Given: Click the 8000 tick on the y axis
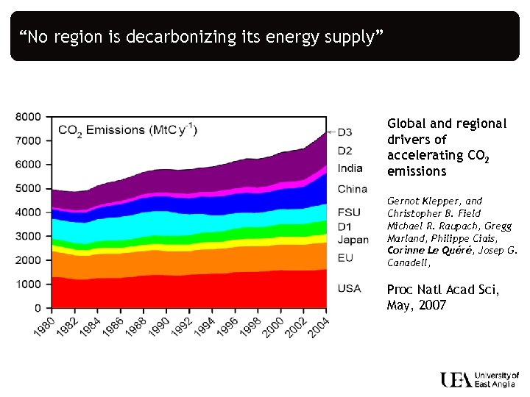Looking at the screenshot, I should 28,116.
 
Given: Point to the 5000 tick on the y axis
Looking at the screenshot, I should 28,188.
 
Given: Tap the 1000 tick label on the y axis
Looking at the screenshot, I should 28,284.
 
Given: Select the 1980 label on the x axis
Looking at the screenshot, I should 44,324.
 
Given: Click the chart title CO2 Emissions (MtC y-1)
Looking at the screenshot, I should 127,130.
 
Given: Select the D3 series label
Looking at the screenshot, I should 344,132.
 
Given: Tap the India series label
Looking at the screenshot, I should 350,168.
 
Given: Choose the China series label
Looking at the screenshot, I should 352,189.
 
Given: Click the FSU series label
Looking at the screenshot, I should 349,212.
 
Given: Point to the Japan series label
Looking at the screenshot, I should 353,240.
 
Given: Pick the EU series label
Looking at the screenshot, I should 344,258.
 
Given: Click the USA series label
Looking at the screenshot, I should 349,288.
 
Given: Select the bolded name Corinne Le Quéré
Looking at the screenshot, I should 420,250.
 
